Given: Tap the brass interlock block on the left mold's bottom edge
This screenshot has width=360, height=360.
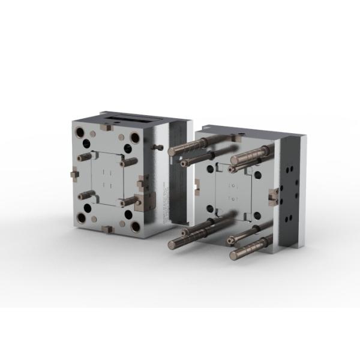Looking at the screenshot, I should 107,229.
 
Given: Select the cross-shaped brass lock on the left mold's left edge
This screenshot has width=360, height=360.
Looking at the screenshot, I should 74,174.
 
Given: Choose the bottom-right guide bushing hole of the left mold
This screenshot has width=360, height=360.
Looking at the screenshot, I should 136,227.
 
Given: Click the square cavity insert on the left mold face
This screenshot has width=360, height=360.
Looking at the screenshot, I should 107,177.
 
